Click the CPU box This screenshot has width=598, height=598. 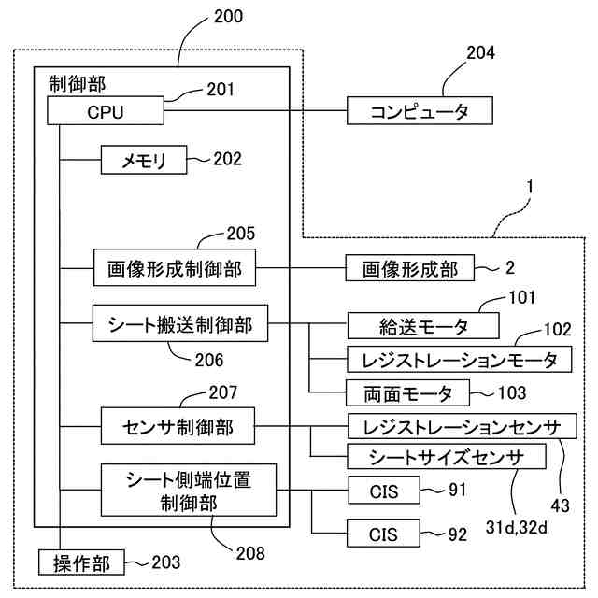106,110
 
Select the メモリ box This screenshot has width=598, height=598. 144,160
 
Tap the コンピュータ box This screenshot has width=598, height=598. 420,110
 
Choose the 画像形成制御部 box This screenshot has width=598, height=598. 175,268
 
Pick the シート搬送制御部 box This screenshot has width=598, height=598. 180,323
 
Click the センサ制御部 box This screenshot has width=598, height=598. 178,426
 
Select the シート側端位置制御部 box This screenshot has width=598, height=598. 189,490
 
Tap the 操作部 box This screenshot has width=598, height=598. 81,562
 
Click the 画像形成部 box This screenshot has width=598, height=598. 410,268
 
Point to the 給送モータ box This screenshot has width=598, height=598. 423,326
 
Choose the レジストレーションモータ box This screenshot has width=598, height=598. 459,359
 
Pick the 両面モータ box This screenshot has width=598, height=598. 407,392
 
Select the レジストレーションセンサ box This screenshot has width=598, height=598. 462,426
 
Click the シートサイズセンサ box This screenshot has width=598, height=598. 447,456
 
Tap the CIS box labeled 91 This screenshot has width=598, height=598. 384,490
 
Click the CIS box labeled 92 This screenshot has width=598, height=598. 383,534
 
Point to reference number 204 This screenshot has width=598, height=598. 480,52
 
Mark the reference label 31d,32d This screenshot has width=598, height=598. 517,527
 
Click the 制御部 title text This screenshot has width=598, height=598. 77,83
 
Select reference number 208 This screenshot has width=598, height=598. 250,553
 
